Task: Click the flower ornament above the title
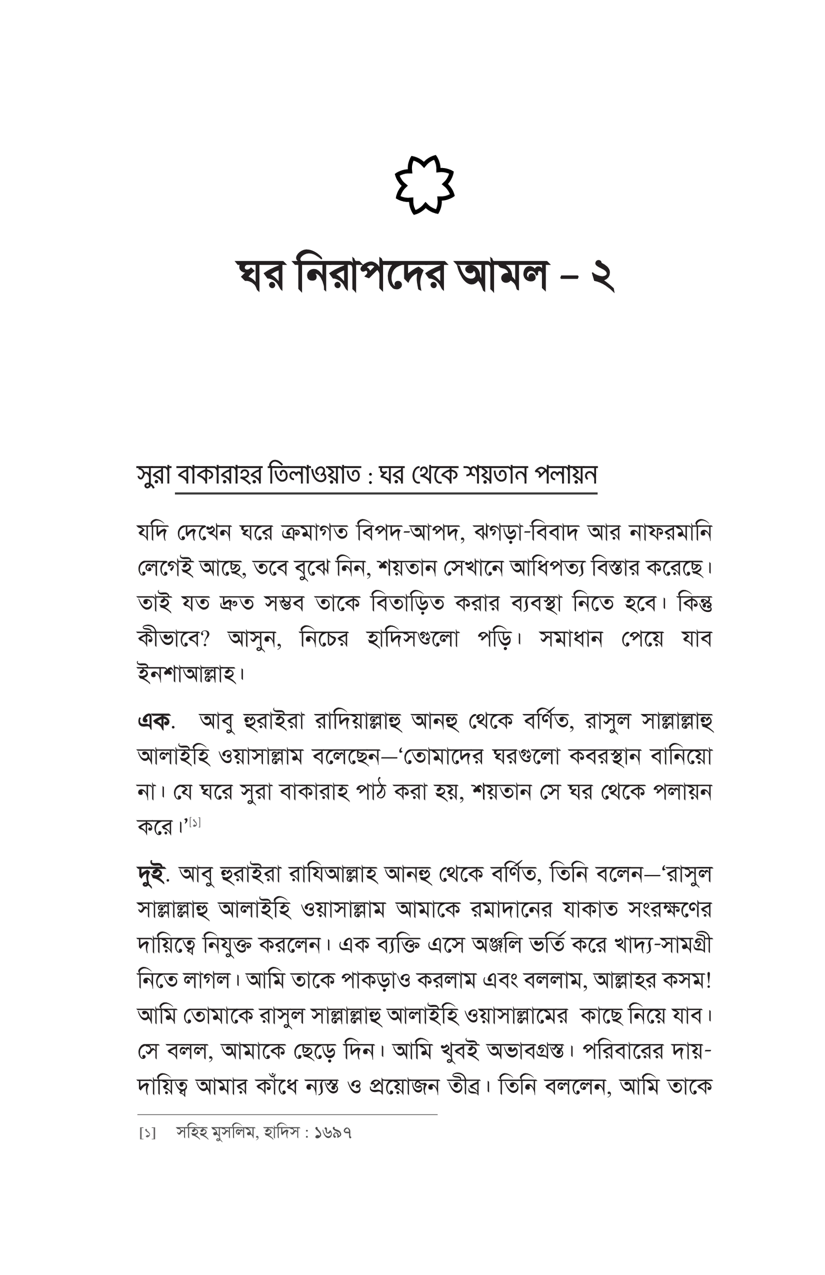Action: coord(424,185)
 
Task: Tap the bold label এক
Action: coord(154,722)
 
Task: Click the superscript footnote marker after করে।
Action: coord(195,822)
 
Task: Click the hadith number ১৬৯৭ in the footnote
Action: coord(333,1133)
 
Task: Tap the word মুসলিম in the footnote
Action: coord(233,1133)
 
